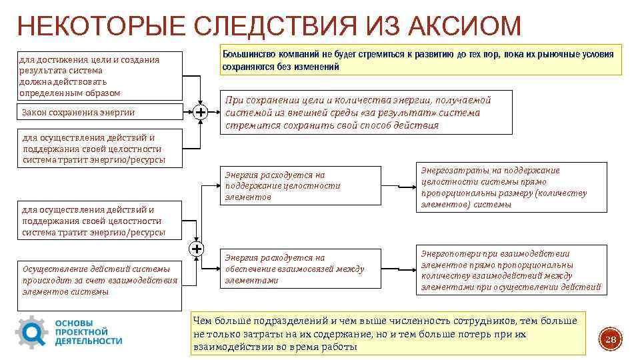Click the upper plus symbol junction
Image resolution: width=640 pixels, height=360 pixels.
pos(200,113)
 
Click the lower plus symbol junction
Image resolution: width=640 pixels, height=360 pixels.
pos(197,249)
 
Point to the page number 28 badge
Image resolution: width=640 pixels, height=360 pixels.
pos(609,340)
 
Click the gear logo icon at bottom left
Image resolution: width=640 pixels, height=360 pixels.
pos(31,331)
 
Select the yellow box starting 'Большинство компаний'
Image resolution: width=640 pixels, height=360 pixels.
pos(421,60)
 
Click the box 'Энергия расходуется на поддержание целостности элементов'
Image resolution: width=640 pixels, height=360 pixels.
pos(301,185)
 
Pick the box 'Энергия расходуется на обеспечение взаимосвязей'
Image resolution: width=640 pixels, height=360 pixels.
pos(301,269)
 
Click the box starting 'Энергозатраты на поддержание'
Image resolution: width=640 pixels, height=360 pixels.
pos(511,187)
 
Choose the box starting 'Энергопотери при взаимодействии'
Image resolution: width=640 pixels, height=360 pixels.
pos(511,270)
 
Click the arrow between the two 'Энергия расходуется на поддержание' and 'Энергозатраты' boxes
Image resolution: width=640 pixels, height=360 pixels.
pos(397,186)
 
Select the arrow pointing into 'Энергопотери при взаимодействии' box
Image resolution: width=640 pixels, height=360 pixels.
pos(397,269)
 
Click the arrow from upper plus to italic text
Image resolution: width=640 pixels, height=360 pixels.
pos(213,113)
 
